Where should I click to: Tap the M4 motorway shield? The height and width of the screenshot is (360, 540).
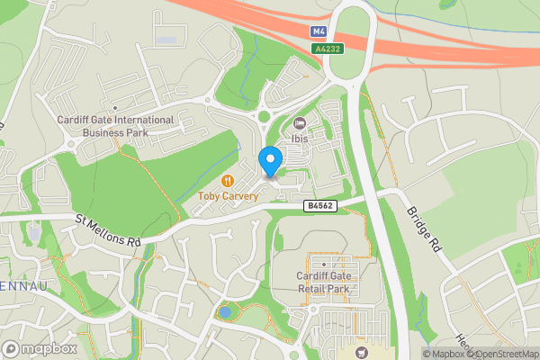click(319, 31)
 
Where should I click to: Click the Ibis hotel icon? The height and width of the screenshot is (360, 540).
click(300, 123)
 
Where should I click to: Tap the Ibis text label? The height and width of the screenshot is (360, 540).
click(300, 139)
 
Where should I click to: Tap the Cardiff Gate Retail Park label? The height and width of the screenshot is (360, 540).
click(324, 283)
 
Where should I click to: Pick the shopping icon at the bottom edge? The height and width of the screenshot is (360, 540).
click(362, 352)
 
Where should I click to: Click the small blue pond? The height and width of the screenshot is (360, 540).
click(223, 312)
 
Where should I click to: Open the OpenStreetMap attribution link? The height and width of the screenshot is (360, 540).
click(507, 354)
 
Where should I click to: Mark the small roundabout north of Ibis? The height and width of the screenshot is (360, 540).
click(264, 114)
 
